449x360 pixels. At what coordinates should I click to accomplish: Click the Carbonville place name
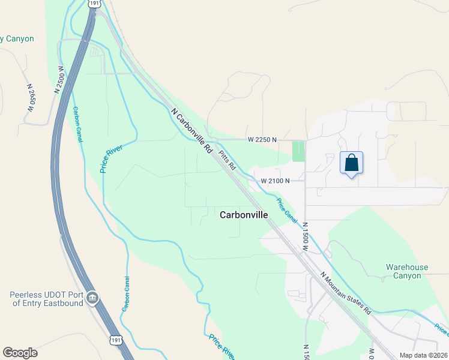pos(244,214)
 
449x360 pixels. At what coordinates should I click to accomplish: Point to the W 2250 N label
pos(262,140)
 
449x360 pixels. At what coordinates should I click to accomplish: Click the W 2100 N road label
pos(275,181)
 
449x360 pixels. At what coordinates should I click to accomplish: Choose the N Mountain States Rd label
pos(346,293)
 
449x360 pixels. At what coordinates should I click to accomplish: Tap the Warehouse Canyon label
pos(407,271)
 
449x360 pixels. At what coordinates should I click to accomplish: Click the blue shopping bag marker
pos(351,163)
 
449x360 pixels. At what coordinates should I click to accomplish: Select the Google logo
pos(20,353)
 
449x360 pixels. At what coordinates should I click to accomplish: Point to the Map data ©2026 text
pos(423,355)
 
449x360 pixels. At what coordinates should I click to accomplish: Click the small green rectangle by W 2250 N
pos(298,151)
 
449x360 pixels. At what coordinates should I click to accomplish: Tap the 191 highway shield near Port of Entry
pos(116,340)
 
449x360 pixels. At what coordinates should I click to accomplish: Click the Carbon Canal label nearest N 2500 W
pos(77,124)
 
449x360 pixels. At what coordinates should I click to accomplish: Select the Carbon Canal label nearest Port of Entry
pos(126,293)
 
